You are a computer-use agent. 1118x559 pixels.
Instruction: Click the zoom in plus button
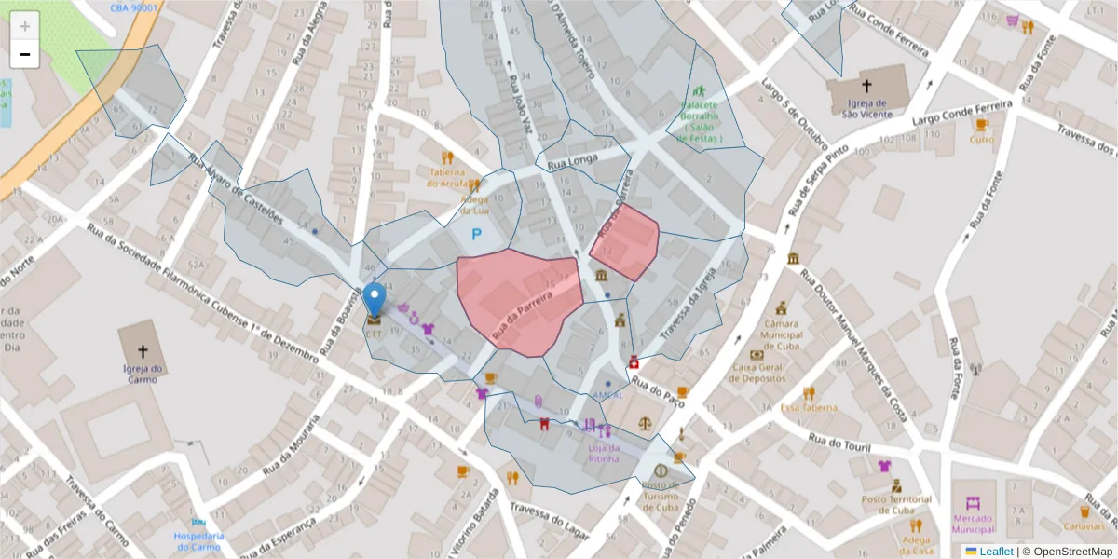(x=25, y=26)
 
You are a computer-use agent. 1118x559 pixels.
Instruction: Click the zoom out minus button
(x=25, y=54)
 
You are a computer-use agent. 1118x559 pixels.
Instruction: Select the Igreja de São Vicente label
(x=866, y=109)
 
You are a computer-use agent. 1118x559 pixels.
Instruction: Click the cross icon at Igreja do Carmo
(x=143, y=351)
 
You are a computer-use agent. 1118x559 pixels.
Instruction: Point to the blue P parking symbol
(x=476, y=235)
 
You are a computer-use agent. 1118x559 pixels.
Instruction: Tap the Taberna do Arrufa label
(x=454, y=177)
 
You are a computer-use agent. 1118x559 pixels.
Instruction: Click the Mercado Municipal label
(x=974, y=524)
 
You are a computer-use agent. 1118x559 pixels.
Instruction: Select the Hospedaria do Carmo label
(x=199, y=540)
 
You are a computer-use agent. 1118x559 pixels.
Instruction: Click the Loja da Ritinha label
(x=606, y=454)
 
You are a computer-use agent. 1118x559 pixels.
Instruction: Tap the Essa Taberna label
(x=809, y=407)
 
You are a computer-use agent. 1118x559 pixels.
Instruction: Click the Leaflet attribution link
(x=996, y=552)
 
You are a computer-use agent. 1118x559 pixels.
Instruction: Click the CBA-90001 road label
(x=133, y=7)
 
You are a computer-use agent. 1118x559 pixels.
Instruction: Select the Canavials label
(x=1084, y=526)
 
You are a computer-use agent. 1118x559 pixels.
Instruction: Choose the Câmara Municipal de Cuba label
(x=782, y=330)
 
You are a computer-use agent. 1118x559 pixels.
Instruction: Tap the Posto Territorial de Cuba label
(x=896, y=504)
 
